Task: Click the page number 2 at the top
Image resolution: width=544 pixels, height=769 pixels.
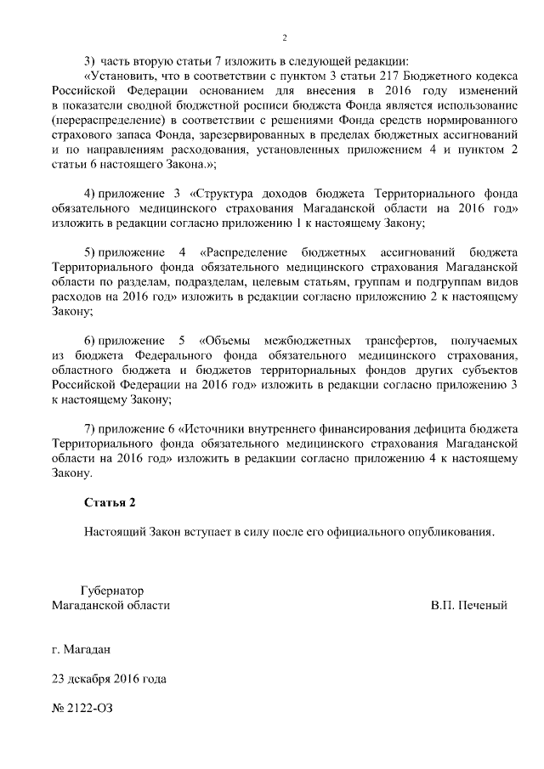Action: coord(285,37)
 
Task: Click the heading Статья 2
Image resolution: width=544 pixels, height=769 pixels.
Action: coord(109,503)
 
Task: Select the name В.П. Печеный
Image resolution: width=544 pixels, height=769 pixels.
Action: coord(469,606)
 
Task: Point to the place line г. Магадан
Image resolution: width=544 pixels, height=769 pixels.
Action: coord(81,649)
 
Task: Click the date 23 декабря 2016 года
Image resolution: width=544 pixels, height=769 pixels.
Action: coord(109,679)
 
